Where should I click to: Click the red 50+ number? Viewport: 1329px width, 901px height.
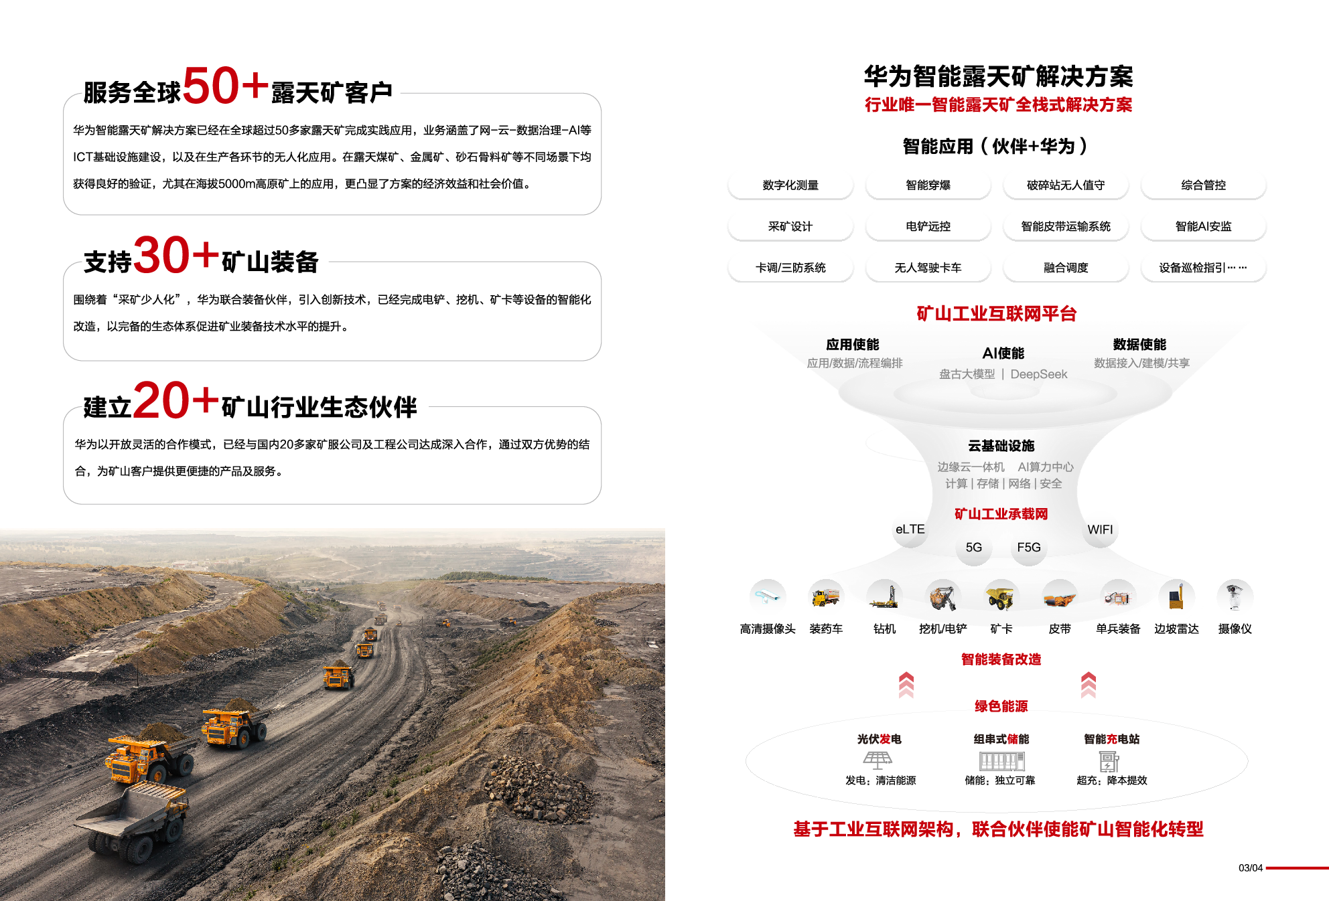pyautogui.click(x=225, y=86)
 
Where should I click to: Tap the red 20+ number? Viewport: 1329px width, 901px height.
pyautogui.click(x=176, y=400)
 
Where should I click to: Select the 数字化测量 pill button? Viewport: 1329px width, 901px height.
pyautogui.click(x=790, y=185)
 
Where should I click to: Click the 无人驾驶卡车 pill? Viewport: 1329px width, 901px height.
pyautogui.click(x=928, y=268)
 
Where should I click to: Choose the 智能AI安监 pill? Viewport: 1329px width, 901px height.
pyautogui.click(x=1203, y=226)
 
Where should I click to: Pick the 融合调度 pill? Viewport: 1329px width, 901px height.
pyautogui.click(x=1066, y=268)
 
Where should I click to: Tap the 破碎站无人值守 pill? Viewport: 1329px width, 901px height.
pyautogui.click(x=1066, y=185)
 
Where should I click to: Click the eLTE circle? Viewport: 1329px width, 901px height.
pyautogui.click(x=910, y=529)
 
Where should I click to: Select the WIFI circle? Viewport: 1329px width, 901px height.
pyautogui.click(x=1100, y=529)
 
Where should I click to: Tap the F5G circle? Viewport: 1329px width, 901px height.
pyautogui.click(x=1029, y=547)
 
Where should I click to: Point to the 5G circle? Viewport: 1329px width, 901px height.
pyautogui.click(x=974, y=547)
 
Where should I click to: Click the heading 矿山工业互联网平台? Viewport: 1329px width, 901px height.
pyautogui.click(x=997, y=313)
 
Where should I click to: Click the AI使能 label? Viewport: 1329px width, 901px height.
pyautogui.click(x=1003, y=353)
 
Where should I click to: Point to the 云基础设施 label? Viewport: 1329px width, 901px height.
pyautogui.click(x=1001, y=446)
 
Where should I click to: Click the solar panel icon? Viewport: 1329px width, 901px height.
pyautogui.click(x=878, y=760)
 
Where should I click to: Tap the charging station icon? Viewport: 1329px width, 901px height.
pyautogui.click(x=1109, y=762)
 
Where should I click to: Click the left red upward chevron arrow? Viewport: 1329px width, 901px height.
pyautogui.click(x=906, y=685)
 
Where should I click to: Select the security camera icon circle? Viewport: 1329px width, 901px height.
pyautogui.click(x=768, y=597)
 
